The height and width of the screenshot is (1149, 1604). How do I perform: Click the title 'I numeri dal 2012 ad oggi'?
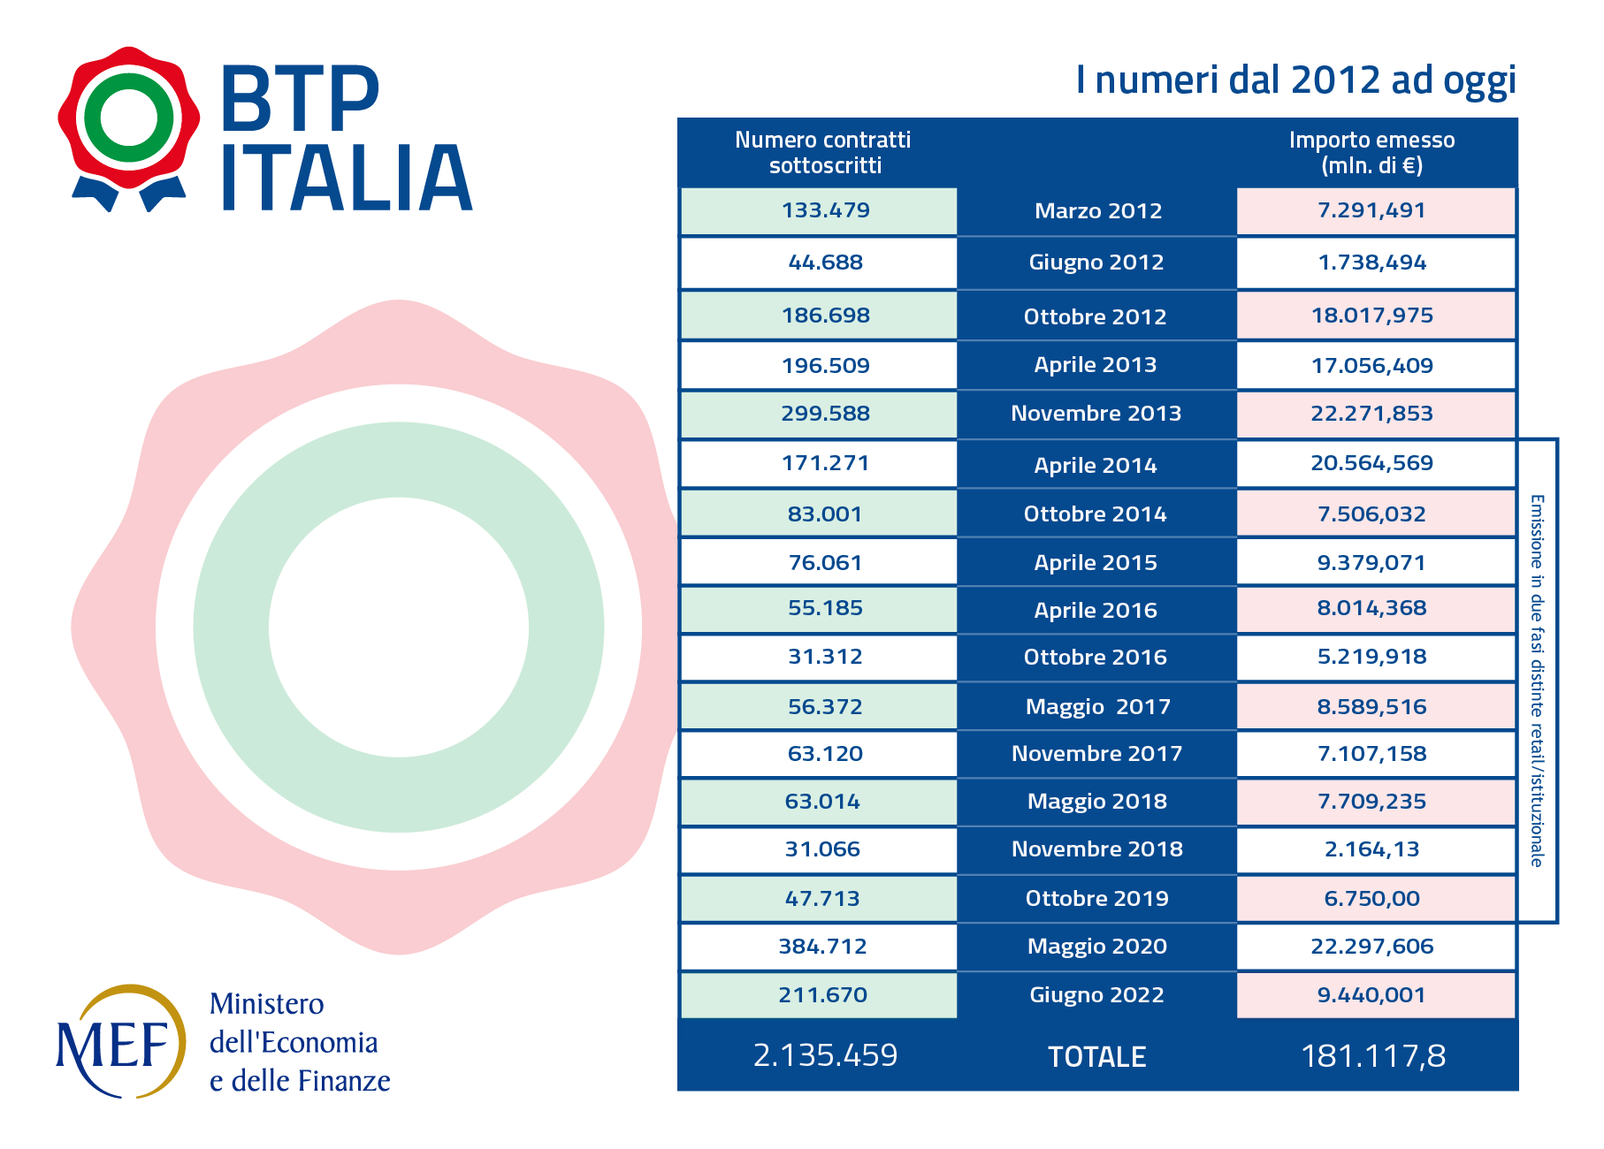tap(1295, 80)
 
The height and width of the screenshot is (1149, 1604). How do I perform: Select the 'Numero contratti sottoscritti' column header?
tap(823, 153)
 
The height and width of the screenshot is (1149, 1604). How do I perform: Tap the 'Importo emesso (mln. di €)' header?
tap(1371, 153)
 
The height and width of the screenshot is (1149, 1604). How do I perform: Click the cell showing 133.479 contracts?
tap(825, 211)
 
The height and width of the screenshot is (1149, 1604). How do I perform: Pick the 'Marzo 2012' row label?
tap(1097, 211)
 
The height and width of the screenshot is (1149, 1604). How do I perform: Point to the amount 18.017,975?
tap(1371, 316)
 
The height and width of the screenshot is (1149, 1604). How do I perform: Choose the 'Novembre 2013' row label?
tap(1096, 414)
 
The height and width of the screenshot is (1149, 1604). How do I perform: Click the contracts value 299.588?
tap(825, 414)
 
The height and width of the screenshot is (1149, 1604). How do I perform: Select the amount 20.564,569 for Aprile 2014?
tap(1371, 463)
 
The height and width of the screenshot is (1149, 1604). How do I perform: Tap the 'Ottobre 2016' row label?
tap(1095, 658)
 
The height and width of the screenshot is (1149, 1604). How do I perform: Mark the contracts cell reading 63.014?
tap(822, 802)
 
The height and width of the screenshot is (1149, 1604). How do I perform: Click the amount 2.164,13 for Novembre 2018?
tap(1371, 849)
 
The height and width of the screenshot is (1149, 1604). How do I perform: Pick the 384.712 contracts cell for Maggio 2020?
tap(822, 947)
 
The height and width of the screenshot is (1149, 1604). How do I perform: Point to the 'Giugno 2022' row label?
tap(1096, 995)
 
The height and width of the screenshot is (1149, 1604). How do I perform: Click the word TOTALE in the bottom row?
tap(1096, 1057)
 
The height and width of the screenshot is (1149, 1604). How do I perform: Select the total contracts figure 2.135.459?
tap(825, 1055)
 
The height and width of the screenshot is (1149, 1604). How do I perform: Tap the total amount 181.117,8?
tap(1373, 1056)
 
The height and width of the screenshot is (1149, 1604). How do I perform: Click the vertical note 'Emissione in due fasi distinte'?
tap(1537, 681)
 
